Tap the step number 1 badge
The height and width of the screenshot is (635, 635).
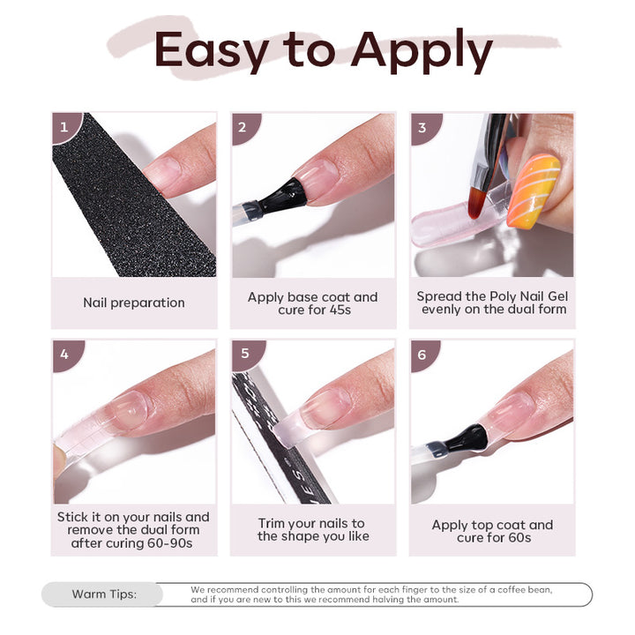(x=63, y=127)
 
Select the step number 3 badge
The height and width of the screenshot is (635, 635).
(x=422, y=127)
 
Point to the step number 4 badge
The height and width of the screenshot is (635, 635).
(x=63, y=355)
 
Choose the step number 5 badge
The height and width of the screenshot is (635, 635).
(x=244, y=355)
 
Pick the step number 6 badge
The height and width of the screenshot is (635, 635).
(x=422, y=355)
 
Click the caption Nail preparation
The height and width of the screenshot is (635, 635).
(x=134, y=303)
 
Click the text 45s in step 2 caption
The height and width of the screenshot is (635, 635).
(x=348, y=310)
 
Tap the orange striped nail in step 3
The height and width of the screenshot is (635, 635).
(x=533, y=190)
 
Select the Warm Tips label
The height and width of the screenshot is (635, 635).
(x=104, y=594)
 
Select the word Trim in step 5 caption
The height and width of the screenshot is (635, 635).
(x=274, y=523)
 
